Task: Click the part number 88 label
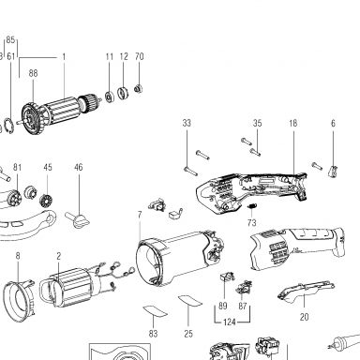pyautogui.click(x=33, y=73)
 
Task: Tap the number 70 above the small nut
pyautogui.click(x=140, y=56)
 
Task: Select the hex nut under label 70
pyautogui.click(x=139, y=89)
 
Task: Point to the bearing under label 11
pyautogui.click(x=110, y=97)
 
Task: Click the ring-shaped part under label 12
pyautogui.click(x=123, y=93)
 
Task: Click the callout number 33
pyautogui.click(x=187, y=123)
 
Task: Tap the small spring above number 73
pyautogui.click(x=252, y=206)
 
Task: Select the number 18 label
pyautogui.click(x=292, y=123)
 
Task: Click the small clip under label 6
pyautogui.click(x=333, y=172)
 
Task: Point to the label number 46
pyautogui.click(x=79, y=167)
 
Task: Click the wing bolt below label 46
pyautogui.click(x=78, y=219)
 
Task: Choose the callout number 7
pyautogui.click(x=140, y=215)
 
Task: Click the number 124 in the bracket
pyautogui.click(x=230, y=322)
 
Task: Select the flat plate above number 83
pyautogui.click(x=155, y=311)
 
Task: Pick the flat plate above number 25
pyautogui.click(x=190, y=300)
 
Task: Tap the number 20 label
pyautogui.click(x=304, y=317)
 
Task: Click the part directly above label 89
pyautogui.click(x=227, y=277)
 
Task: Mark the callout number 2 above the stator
pyautogui.click(x=59, y=256)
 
